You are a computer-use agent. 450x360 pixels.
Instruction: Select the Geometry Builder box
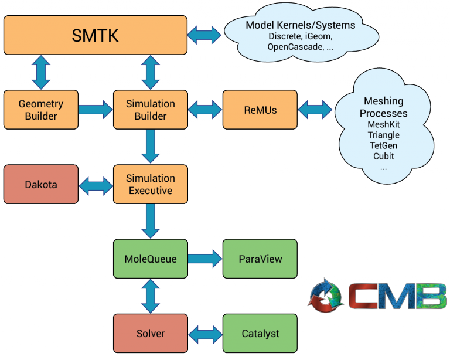[41, 110]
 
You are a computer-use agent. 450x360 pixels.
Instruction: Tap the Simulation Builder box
[151, 110]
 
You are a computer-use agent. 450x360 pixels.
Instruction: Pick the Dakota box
[41, 184]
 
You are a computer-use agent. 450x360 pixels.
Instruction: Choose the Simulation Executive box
[151, 184]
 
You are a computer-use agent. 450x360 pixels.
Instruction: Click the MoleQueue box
[151, 259]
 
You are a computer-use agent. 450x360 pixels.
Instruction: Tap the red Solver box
[151, 334]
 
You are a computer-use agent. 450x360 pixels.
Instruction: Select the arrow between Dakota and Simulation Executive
[96, 185]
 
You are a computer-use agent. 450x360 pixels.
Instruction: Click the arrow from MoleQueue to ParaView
[204, 259]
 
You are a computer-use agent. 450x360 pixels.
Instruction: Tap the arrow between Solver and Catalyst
[204, 334]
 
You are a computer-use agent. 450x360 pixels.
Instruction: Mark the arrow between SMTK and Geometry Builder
[41, 73]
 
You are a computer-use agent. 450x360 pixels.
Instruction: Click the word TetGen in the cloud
[383, 145]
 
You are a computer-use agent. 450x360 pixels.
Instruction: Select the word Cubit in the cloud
[383, 156]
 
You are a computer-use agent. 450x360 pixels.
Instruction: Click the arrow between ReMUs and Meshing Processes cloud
[315, 109]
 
